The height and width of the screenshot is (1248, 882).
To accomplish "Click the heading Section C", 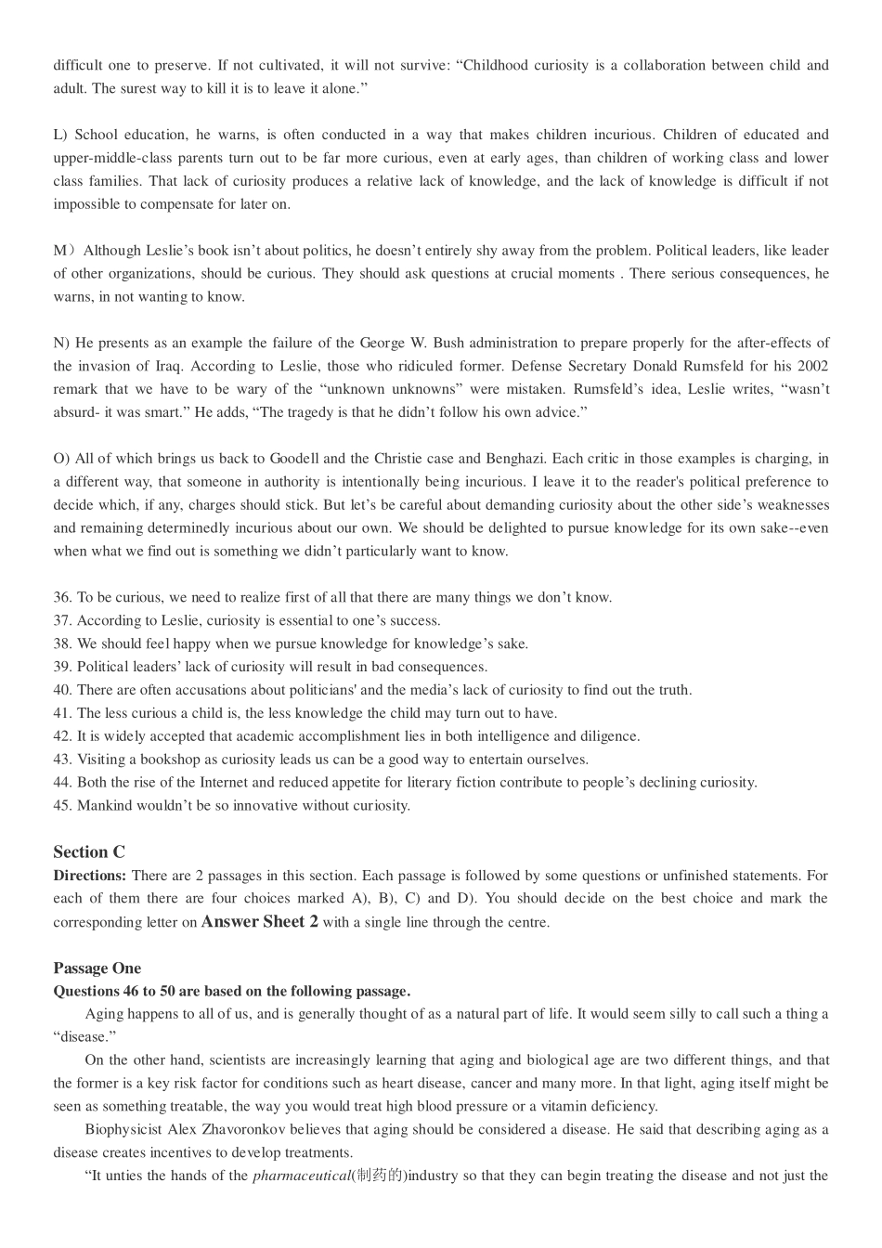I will click(89, 851).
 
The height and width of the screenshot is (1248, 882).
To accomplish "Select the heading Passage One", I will click(97, 968).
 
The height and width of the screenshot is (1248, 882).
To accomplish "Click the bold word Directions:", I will click(89, 875).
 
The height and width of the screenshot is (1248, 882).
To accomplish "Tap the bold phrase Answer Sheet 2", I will click(260, 921).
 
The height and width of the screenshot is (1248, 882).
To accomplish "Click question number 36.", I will click(62, 597).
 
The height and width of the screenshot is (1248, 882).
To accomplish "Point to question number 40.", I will click(62, 690).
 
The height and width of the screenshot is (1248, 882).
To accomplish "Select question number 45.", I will click(62, 805).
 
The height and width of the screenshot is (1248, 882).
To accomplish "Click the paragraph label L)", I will click(60, 135).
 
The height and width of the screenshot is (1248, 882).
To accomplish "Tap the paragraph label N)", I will click(61, 343).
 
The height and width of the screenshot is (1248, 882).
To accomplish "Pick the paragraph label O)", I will click(61, 459).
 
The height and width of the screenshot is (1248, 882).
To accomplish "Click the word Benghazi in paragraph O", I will click(540, 459).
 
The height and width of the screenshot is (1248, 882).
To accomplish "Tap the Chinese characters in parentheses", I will click(379, 1176).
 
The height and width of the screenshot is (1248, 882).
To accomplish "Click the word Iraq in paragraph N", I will click(166, 366).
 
